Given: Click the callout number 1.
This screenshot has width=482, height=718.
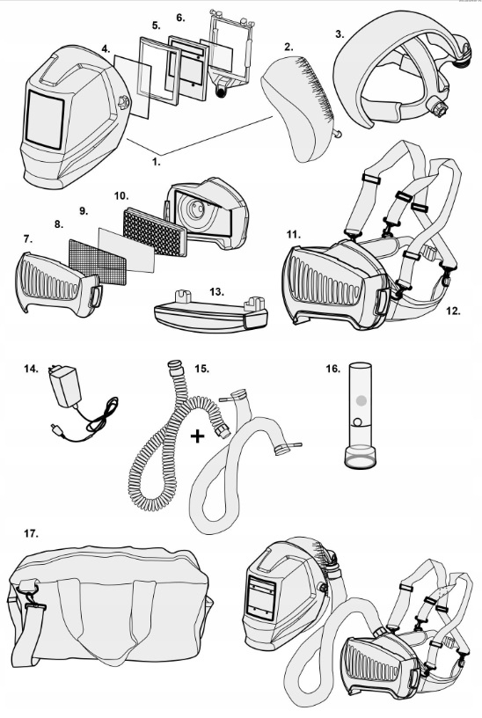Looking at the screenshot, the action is (156, 162).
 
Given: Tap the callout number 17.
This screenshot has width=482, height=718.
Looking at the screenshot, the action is (31, 533).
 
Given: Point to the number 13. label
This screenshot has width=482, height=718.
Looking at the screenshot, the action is (216, 292).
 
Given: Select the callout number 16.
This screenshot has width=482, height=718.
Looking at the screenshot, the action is (333, 369).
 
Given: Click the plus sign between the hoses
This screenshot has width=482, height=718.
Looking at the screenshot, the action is (197, 436).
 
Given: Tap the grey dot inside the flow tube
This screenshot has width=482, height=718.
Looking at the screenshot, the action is (361, 400).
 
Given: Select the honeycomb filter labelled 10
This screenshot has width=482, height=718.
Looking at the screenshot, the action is (155, 231).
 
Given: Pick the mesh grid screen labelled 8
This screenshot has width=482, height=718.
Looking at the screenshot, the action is (97, 262).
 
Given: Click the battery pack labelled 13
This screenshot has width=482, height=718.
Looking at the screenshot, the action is (210, 315).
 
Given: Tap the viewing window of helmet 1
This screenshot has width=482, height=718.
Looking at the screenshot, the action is (45, 120).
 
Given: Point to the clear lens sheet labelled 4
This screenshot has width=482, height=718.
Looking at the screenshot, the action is (133, 85).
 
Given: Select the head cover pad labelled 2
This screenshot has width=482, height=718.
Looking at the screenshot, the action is (300, 106).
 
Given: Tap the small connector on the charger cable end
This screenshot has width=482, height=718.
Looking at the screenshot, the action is (56, 429).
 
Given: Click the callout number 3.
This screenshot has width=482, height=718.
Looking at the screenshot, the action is (340, 34).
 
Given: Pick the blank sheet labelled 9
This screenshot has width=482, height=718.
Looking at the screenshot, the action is (127, 251).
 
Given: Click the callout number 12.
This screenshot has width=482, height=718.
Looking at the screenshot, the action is (453, 311).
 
